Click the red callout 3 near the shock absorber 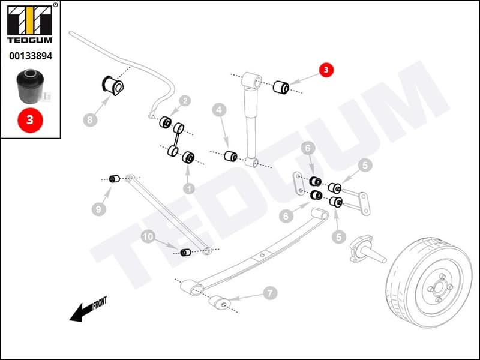[326, 70]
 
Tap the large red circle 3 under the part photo [30, 120]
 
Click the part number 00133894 [30, 56]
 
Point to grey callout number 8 [89, 120]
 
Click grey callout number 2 [185, 101]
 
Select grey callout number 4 [219, 110]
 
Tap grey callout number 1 [189, 188]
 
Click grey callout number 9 [98, 209]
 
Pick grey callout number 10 [148, 237]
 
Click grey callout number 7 [269, 293]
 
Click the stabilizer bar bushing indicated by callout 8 [114, 85]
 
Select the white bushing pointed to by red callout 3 [281, 86]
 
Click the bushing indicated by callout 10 [185, 252]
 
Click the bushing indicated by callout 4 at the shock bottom [230, 157]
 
